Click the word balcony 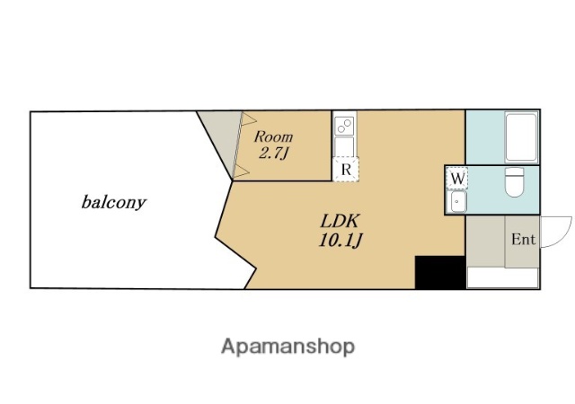114,202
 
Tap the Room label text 273,136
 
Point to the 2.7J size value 272,154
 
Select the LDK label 340,221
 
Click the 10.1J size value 341,241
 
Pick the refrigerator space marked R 346,170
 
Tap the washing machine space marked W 456,179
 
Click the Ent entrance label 523,240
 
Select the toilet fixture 514,182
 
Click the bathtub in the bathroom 521,137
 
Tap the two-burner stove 345,126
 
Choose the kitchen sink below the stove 344,146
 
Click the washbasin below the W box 458,201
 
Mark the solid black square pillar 440,272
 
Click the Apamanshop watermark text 287,347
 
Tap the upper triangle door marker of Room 248,119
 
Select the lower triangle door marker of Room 241,171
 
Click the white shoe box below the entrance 503,278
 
